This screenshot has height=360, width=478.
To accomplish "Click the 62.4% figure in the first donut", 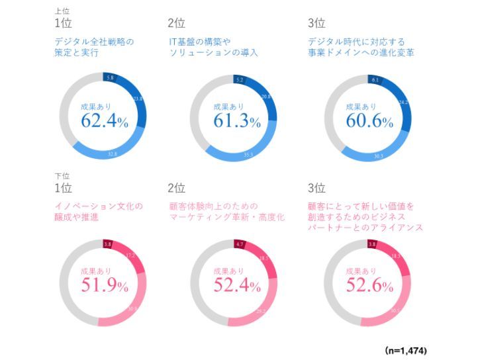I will coord(103,121).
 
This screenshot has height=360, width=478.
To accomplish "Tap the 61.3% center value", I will coord(236,121).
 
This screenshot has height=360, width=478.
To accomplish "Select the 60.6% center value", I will coord(368,121).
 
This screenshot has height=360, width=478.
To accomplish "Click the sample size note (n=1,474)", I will coord(406,348).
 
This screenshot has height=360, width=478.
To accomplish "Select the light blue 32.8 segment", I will coord(113,154).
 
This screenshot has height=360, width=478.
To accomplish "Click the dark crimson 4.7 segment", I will coord(242,244).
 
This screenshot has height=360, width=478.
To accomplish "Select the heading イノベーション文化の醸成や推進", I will coord(99,211).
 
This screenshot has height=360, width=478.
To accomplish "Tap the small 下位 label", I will coord(62,175).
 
